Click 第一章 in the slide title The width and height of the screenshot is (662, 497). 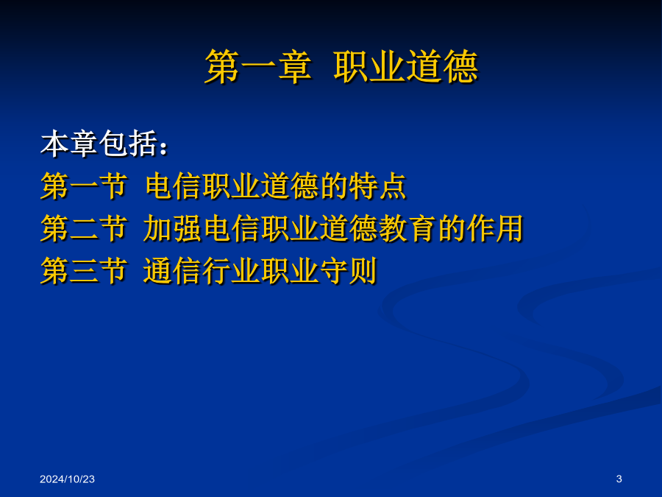pos(258,66)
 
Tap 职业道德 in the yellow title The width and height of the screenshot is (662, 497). pos(406,66)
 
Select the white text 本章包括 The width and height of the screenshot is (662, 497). pos(99,144)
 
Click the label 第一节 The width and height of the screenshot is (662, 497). pos(84,186)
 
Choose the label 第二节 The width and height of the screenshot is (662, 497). pos(84,228)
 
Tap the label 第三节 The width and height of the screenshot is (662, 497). pos(84,270)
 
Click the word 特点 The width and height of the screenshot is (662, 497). pos(377,186)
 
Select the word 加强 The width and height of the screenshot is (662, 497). pos(172,228)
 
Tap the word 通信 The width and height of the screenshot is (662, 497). pos(172,270)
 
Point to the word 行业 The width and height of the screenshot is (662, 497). pos(231,270)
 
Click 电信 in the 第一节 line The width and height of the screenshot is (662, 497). pos(173,186)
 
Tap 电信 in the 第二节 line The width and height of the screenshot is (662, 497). pos(231,228)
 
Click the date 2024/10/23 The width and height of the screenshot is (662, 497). pos(67,479)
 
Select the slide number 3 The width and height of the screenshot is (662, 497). pos(619,479)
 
